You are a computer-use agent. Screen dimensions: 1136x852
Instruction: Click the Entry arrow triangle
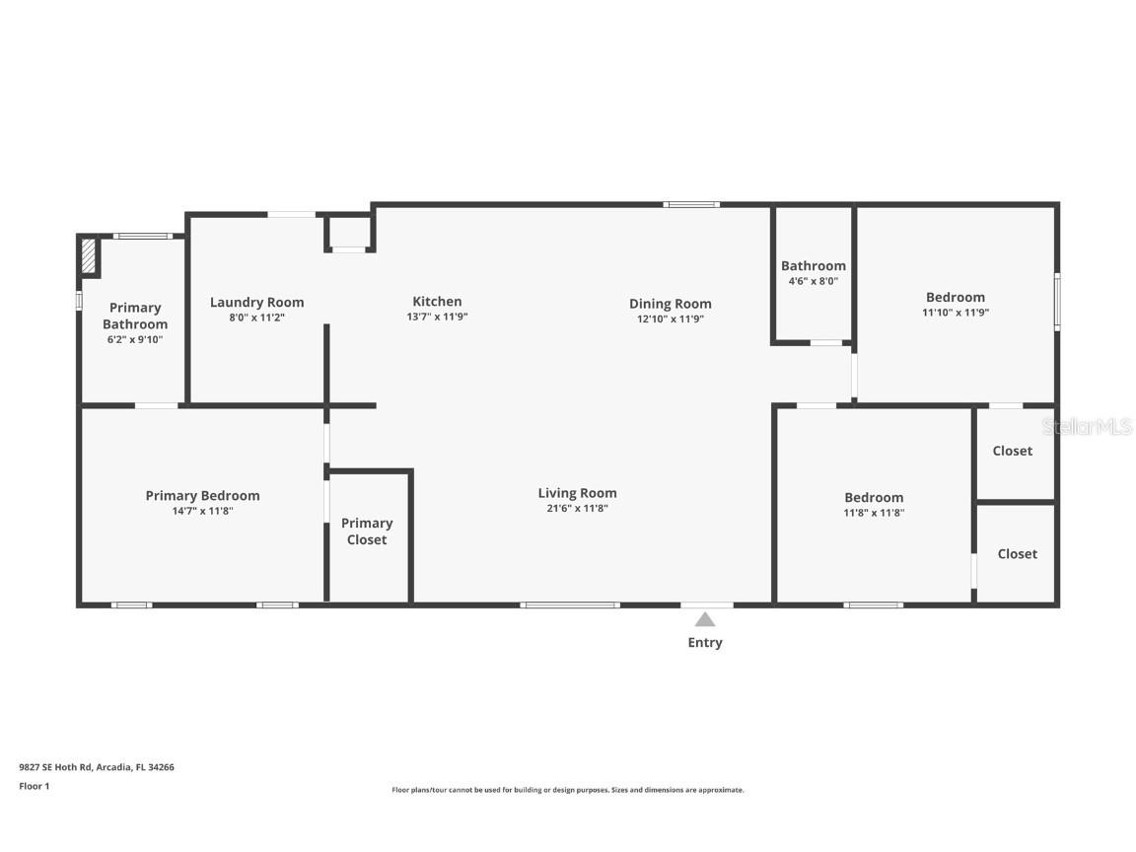click(x=705, y=619)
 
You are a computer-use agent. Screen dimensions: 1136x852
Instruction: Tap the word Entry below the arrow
click(x=705, y=643)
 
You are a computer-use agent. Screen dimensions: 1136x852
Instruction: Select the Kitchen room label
click(x=437, y=302)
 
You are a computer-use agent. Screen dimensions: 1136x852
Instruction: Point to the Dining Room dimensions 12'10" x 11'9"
click(x=671, y=319)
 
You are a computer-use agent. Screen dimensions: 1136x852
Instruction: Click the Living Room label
click(x=578, y=493)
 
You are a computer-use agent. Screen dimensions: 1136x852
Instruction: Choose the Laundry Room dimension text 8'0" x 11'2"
click(x=257, y=318)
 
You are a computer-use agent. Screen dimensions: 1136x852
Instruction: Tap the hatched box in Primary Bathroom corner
click(x=89, y=255)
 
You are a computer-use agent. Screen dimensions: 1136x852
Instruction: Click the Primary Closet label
click(x=367, y=532)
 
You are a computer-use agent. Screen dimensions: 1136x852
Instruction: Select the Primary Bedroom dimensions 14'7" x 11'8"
click(x=202, y=511)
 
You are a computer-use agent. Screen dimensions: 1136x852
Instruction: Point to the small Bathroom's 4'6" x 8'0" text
click(x=813, y=281)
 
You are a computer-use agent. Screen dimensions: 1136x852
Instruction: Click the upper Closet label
click(x=1012, y=451)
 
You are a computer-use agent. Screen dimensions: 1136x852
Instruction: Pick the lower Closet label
click(x=1018, y=553)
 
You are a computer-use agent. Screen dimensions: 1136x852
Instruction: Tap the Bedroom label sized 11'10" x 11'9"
click(x=955, y=297)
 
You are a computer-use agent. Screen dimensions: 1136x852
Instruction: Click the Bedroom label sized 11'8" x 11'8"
click(x=874, y=498)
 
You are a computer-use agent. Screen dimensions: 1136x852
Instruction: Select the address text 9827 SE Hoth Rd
click(x=56, y=767)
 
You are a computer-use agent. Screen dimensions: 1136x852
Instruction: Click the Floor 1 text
click(x=35, y=786)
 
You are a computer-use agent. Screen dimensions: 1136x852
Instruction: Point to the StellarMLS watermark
click(x=1087, y=427)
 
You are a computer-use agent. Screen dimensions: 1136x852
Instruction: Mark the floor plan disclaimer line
click(x=568, y=790)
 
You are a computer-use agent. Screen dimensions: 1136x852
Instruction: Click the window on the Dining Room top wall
click(x=691, y=205)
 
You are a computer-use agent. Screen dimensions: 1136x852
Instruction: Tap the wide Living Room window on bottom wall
click(x=569, y=604)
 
